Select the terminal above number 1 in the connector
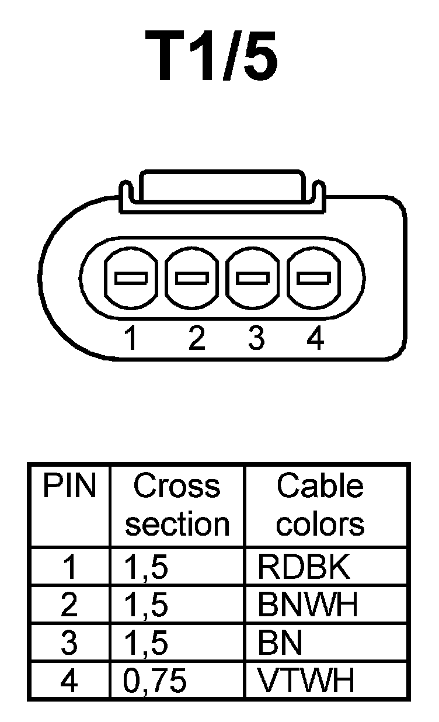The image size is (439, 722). tap(130, 278)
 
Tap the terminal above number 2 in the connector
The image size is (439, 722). tap(192, 278)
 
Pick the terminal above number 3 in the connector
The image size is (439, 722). tap(253, 278)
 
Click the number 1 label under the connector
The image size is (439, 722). tap(131, 338)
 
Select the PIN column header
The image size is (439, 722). tap(69, 487)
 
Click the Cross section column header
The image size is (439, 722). tap(177, 505)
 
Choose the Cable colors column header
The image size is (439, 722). tap(320, 505)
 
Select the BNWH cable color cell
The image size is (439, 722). tap(307, 605)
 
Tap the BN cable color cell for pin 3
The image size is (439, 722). tap(280, 643)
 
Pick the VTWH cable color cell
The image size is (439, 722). tap(306, 681)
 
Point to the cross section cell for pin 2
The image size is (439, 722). tap(147, 605)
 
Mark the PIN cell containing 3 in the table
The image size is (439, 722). tap(69, 643)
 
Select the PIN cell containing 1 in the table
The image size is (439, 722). tap(69, 566)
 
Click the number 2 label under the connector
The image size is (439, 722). tap(197, 338)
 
